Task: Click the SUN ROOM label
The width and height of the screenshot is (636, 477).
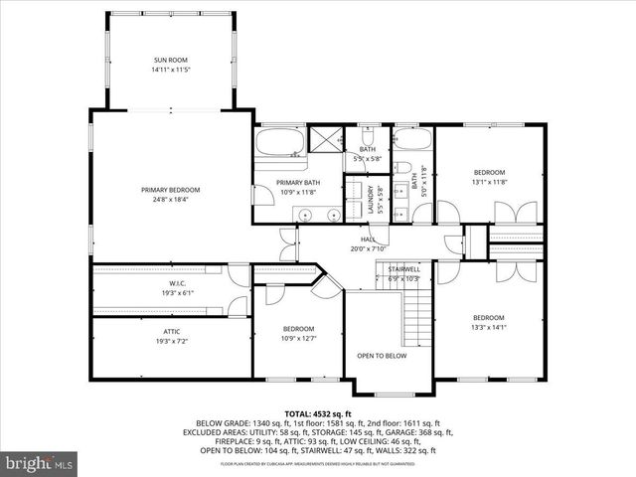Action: [170, 61]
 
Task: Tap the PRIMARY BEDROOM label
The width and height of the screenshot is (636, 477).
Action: [170, 190]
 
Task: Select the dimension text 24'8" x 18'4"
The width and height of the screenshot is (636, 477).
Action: [170, 200]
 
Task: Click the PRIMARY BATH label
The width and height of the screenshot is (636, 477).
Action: [297, 182]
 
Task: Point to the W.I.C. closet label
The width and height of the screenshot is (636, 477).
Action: [170, 283]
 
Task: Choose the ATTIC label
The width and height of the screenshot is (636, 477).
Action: [170, 331]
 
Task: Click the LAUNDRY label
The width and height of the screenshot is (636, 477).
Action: [369, 194]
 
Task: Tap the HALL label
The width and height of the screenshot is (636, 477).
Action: [368, 239]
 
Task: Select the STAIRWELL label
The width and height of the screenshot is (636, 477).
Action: [402, 268]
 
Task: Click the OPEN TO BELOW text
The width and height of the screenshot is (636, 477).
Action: [382, 355]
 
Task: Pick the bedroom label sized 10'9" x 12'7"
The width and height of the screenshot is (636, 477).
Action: [299, 329]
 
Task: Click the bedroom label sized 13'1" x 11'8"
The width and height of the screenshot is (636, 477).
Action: [489, 172]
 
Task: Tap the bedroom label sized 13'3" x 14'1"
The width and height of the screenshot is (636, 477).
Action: [489, 317]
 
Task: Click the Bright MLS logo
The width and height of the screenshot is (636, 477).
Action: [40, 463]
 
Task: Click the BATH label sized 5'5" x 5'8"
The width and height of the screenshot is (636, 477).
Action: [368, 149]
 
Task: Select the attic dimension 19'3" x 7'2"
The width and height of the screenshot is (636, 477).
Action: [170, 341]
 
